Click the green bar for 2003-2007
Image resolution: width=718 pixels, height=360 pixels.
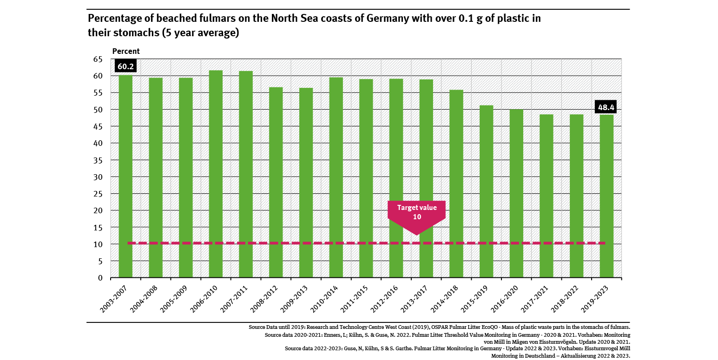point(125,177)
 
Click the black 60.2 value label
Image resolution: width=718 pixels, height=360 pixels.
point(125,66)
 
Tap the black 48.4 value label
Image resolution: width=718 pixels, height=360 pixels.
point(606,107)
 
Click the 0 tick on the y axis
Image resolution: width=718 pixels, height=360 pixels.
point(100,278)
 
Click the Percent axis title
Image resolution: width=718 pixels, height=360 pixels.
point(126,51)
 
